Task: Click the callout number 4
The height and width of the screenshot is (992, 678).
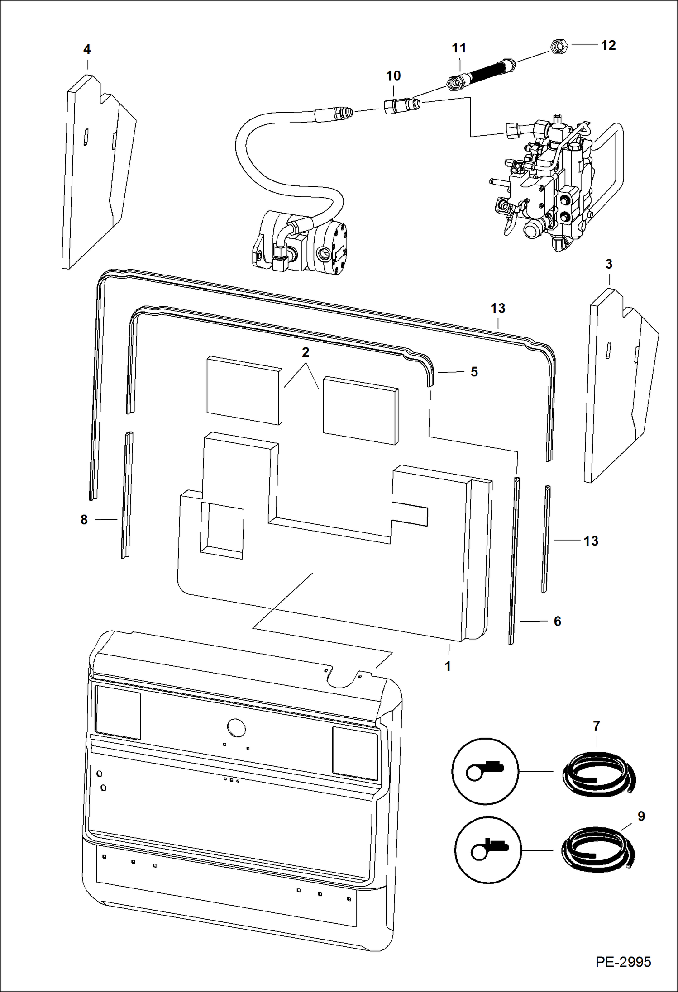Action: click(x=87, y=50)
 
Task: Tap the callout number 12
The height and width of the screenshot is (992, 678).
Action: click(x=608, y=45)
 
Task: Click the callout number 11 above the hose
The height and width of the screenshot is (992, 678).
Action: click(x=459, y=48)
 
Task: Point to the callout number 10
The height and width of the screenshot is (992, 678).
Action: click(x=393, y=76)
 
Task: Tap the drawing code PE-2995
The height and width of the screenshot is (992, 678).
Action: click(x=623, y=962)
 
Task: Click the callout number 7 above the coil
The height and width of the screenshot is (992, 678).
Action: click(x=596, y=726)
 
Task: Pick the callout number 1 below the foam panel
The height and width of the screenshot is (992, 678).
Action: click(x=448, y=666)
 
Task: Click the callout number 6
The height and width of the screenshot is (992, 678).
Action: click(x=557, y=621)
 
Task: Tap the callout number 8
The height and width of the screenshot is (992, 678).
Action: click(x=84, y=520)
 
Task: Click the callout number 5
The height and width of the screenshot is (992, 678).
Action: click(x=474, y=372)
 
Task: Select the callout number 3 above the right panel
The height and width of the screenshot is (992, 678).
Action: click(x=609, y=264)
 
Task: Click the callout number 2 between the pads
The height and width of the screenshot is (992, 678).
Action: click(x=306, y=352)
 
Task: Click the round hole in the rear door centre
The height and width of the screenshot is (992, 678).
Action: click(x=236, y=728)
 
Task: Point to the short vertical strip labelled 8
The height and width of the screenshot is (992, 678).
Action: click(x=127, y=495)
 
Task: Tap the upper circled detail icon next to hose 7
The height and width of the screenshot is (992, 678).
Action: click(x=486, y=771)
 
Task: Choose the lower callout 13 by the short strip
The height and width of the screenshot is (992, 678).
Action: click(x=591, y=541)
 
